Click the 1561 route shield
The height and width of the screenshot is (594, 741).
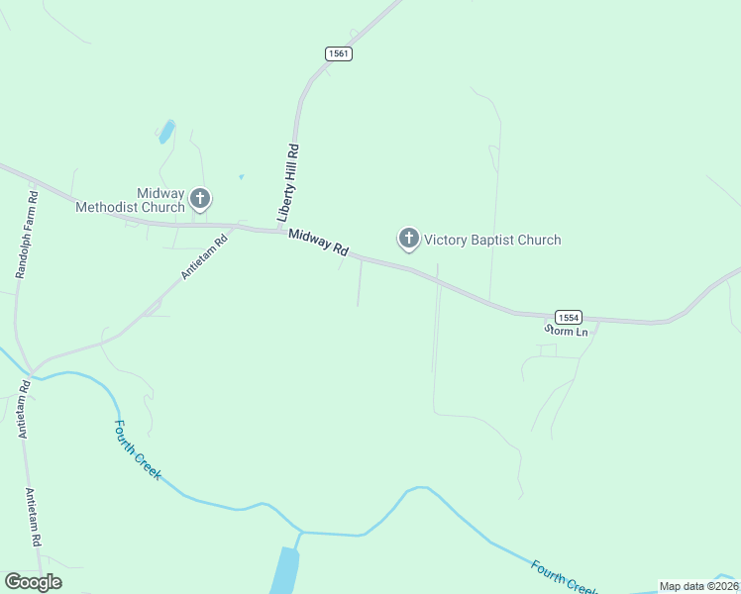pyautogui.click(x=338, y=53)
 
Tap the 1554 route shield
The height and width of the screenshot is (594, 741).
pyautogui.click(x=567, y=317)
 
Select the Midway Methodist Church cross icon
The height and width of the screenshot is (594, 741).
pyautogui.click(x=199, y=199)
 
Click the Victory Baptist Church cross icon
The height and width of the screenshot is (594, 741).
pyautogui.click(x=408, y=239)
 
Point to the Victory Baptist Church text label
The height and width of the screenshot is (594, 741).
pyautogui.click(x=492, y=240)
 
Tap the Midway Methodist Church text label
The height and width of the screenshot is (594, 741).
pyautogui.click(x=131, y=200)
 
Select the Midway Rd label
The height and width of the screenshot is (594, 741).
pyautogui.click(x=319, y=242)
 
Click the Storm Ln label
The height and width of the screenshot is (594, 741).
pyautogui.click(x=566, y=332)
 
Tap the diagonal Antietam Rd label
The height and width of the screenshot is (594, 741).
pyautogui.click(x=204, y=255)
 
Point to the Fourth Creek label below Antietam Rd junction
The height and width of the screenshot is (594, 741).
pyautogui.click(x=137, y=449)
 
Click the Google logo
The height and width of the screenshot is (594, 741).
pyautogui.click(x=33, y=582)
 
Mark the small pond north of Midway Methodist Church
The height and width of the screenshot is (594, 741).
pyautogui.click(x=166, y=131)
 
